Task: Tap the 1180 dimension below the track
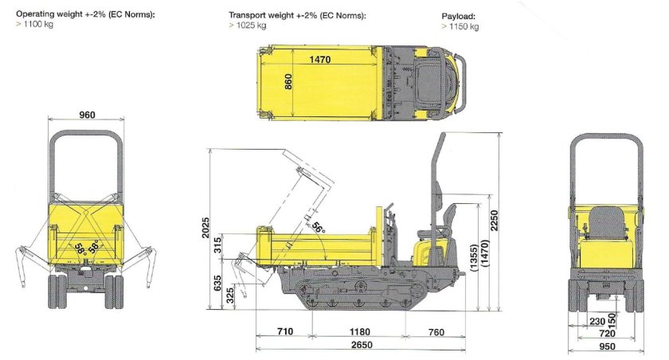pyautogui.click(x=358, y=331)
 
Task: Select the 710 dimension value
pyautogui.click(x=284, y=331)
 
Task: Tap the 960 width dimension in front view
pyautogui.click(x=87, y=115)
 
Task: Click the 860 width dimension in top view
pyautogui.click(x=289, y=83)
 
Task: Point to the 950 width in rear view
pyautogui.click(x=607, y=347)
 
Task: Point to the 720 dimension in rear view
pyautogui.click(x=607, y=334)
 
